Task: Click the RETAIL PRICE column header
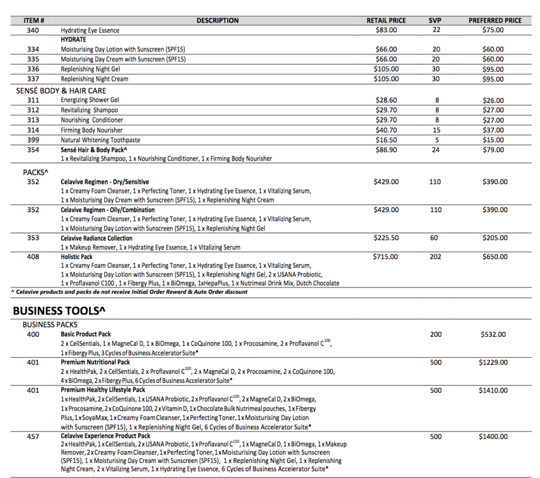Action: (x=386, y=20)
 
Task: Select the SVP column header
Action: (x=435, y=20)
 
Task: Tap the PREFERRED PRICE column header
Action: (x=495, y=20)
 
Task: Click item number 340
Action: (x=33, y=30)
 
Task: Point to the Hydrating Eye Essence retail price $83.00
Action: (x=386, y=30)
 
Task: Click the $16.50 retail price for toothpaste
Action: (x=386, y=140)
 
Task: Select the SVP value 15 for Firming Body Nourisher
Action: (x=437, y=130)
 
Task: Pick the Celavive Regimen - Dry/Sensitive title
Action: (x=105, y=182)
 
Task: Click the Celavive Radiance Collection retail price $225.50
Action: (x=386, y=238)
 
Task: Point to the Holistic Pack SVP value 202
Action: (x=435, y=257)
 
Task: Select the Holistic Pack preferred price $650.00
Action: (x=495, y=257)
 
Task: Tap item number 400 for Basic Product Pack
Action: (x=33, y=334)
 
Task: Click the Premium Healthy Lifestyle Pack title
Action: (x=103, y=390)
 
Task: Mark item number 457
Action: (x=33, y=437)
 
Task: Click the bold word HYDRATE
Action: (x=74, y=39)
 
